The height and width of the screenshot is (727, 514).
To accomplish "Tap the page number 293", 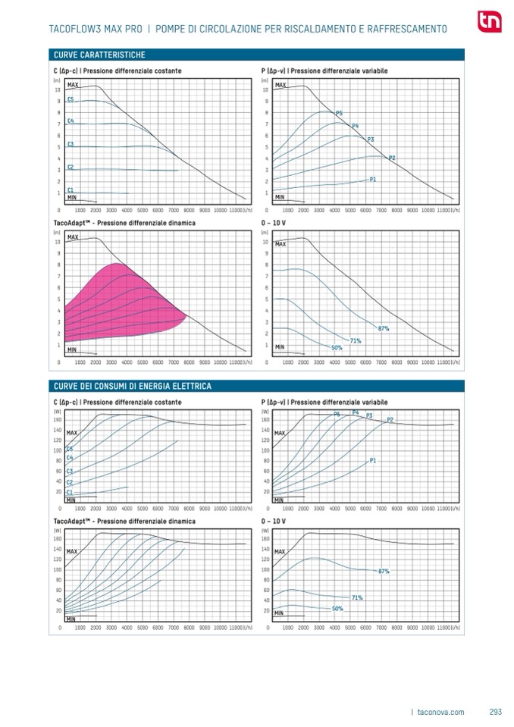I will tap(496, 712).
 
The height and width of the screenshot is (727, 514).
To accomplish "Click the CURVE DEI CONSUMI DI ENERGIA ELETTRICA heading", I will tap(133, 387).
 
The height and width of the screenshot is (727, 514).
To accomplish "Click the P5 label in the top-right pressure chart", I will tap(339, 113).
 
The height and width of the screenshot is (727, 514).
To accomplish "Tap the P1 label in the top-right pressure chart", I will tap(373, 180).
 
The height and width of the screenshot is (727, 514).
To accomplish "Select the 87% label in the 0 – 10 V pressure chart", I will tap(384, 328).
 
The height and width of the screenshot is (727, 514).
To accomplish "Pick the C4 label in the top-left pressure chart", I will tap(71, 121).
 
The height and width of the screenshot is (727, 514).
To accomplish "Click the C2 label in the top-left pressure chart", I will tap(71, 167).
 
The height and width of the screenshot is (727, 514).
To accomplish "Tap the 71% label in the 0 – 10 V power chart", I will tap(357, 597).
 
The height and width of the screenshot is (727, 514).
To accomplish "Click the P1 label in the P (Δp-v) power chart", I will tap(373, 461).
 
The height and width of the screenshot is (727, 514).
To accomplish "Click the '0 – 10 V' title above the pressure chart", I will tap(274, 224).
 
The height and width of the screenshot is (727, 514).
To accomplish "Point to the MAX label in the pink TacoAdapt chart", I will tap(73, 237).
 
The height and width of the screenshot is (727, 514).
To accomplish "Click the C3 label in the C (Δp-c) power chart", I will tap(70, 471).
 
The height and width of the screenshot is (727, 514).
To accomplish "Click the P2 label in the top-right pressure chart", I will tap(392, 158).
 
